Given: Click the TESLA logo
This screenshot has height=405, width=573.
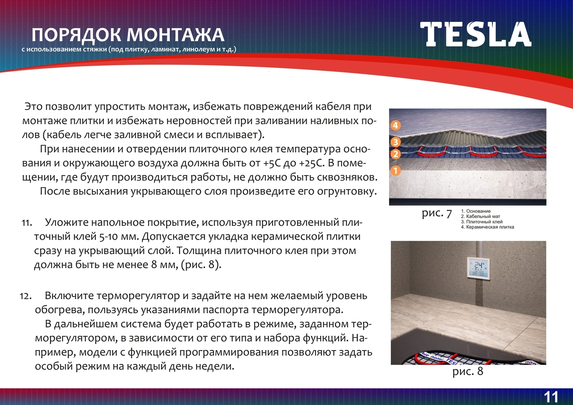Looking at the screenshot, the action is pyautogui.click(x=475, y=34).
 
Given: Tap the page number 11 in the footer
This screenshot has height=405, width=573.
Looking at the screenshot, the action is pyautogui.click(x=551, y=397).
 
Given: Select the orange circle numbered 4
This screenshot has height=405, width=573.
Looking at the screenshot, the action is pyautogui.click(x=395, y=125).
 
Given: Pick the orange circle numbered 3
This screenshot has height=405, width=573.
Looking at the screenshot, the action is pyautogui.click(x=395, y=142).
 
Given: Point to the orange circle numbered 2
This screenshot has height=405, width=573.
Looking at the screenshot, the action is pyautogui.click(x=395, y=154).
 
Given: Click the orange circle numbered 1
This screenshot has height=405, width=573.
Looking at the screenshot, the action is pyautogui.click(x=395, y=171).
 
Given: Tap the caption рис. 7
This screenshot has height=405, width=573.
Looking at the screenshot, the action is pyautogui.click(x=437, y=214).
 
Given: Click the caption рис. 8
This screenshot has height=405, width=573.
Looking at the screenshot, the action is pyautogui.click(x=468, y=371).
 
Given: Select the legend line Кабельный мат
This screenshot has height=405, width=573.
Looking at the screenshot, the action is pyautogui.click(x=480, y=216).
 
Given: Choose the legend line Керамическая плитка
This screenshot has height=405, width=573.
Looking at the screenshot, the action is pyautogui.click(x=487, y=227).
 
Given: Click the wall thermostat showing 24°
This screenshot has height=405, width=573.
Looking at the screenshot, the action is pyautogui.click(x=478, y=268).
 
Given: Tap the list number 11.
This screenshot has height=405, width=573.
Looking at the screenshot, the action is pyautogui.click(x=26, y=223).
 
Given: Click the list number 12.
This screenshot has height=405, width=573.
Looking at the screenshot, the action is pyautogui.click(x=26, y=296).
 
